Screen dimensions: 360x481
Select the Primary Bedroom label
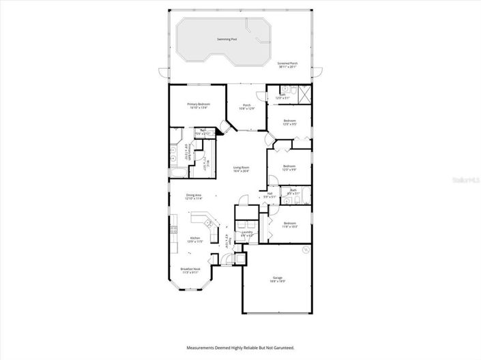coord(198,105)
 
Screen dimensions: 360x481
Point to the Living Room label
coord(241,169)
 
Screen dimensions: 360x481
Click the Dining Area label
coord(194,197)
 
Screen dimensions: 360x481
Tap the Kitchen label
coord(195,239)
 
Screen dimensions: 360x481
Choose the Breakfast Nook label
coord(190,270)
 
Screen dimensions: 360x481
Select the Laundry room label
coord(247,233)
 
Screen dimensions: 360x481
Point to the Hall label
coord(269,195)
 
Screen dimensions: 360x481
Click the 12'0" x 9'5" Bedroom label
coord(289,122)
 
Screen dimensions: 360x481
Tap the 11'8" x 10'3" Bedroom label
coord(289,224)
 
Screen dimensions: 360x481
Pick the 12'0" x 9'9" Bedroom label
coord(289,168)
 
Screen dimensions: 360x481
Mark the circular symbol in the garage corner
coord(306,250)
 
